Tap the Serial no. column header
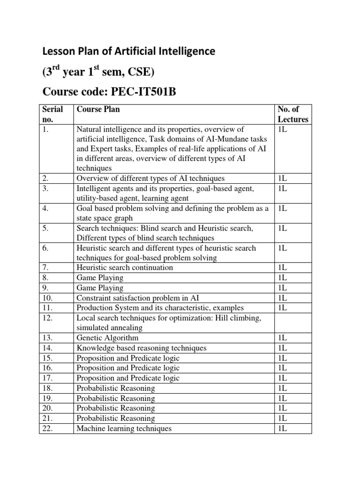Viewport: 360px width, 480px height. click(52, 114)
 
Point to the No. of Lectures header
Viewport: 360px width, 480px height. click(292, 114)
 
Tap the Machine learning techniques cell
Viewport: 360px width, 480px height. click(124, 428)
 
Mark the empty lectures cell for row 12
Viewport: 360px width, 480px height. click(292, 323)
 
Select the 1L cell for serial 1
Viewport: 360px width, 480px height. click(283, 128)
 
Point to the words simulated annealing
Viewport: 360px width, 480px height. click(109, 328)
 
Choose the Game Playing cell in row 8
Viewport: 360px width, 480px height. click(100, 277)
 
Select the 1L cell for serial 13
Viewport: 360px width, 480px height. click(283, 337)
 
